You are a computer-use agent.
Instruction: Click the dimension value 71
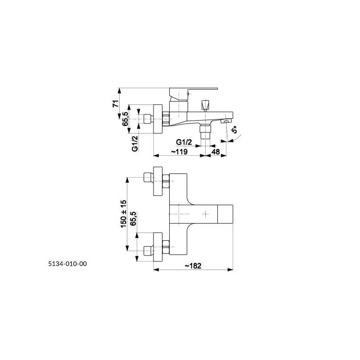(116, 103)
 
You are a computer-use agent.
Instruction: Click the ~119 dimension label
(179, 152)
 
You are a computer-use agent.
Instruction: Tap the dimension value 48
(216, 152)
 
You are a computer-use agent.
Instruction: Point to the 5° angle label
(234, 130)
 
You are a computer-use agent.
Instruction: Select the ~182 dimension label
(193, 265)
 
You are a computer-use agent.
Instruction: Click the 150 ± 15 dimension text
(123, 214)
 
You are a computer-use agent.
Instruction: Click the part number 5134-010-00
(67, 264)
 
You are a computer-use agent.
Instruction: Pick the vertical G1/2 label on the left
(135, 144)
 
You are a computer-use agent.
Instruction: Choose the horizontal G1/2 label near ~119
(184, 142)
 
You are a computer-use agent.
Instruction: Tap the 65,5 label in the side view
(125, 119)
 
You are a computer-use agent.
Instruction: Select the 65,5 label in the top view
(133, 218)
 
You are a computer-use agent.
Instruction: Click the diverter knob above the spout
(205, 106)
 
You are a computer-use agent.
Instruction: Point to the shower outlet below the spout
(205, 132)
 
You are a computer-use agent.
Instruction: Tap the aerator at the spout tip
(226, 121)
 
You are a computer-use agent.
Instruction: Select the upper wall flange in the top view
(158, 181)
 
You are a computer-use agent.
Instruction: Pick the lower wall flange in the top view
(158, 247)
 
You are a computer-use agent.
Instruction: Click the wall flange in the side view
(158, 119)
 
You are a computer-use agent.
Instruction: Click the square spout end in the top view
(225, 214)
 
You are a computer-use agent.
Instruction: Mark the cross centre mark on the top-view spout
(205, 214)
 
